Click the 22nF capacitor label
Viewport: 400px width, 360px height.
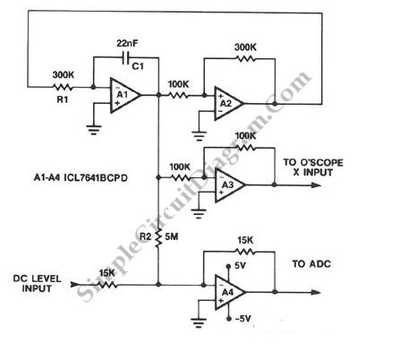(x=127, y=43)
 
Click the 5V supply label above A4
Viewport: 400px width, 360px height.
(x=238, y=266)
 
